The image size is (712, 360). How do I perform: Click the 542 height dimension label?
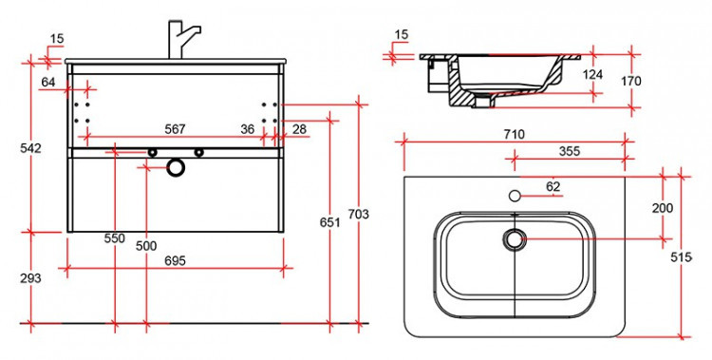pos(31,148)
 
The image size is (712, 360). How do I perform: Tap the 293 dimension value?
pos(30,278)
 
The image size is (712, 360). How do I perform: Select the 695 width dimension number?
pos(175,261)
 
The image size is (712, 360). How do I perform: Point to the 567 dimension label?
pos(175,129)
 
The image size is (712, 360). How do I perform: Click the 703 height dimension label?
pos(359,214)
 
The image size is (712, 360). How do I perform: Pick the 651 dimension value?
pos(330,222)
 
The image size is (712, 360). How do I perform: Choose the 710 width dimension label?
pos(514,135)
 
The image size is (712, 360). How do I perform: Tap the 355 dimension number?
pos(570,151)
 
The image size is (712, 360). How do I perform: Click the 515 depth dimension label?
pos(681,257)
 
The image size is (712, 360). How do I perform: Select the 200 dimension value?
pos(663,209)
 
